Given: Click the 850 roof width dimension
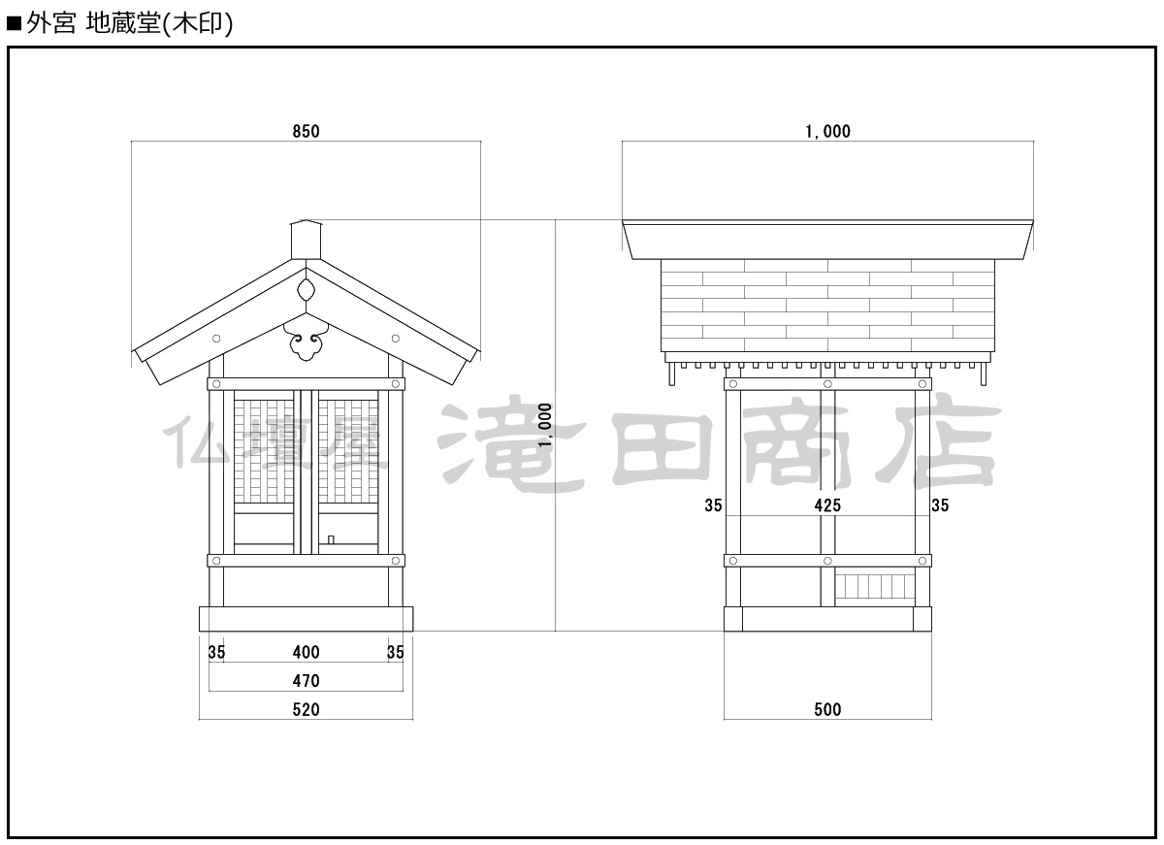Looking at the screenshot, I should coord(306,131).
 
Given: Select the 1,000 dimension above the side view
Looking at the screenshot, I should coord(827,131).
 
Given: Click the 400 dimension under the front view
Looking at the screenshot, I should coord(306,653).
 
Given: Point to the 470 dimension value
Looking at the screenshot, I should coord(306,681).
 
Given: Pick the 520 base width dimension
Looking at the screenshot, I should coord(306,710).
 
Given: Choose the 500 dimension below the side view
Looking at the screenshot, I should coord(827,710).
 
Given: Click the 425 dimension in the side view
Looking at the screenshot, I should coord(827,504).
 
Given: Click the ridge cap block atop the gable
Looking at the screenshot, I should coord(306,240).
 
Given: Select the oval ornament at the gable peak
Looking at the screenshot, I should coord(306,289).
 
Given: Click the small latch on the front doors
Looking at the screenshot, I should coord(331,538).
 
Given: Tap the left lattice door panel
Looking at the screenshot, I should coord(264,451).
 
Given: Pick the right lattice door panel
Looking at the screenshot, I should coord(348,451).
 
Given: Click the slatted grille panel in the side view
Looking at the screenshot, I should coord(875,587).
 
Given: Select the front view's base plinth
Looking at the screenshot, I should coord(306,618).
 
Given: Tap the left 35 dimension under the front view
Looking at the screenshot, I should coord(216,653).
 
